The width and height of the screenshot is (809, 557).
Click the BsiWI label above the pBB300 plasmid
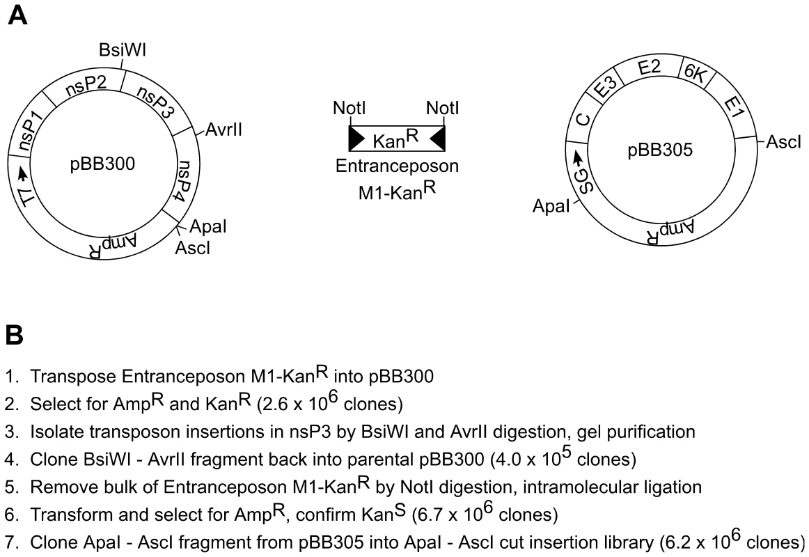(x=123, y=50)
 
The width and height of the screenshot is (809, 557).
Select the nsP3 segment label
(x=154, y=102)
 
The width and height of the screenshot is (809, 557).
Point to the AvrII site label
(x=223, y=130)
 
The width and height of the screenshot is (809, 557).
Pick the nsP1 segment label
(x=29, y=132)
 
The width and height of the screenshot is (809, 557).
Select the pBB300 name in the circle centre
(x=102, y=164)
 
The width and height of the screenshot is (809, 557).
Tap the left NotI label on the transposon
(x=349, y=109)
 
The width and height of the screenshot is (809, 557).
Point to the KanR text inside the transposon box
(x=395, y=139)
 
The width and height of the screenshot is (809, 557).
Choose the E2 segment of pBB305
(x=649, y=68)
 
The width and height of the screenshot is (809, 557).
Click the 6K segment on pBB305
(x=694, y=74)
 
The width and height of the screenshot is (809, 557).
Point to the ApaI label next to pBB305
(x=551, y=206)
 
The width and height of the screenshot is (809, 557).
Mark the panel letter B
(x=14, y=335)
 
